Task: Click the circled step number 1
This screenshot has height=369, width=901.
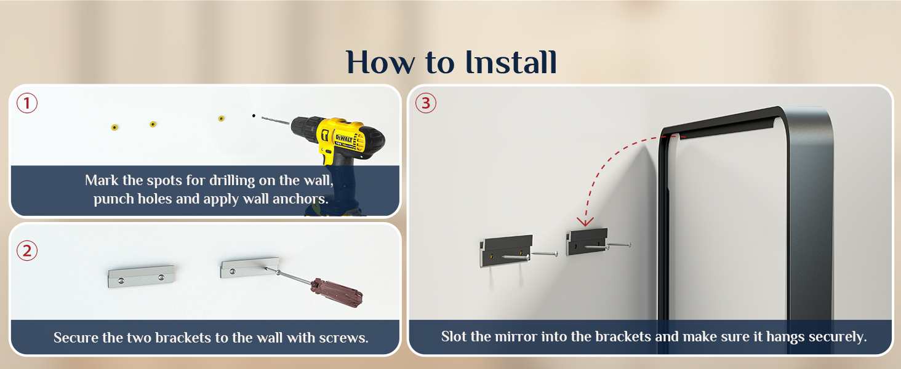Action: [x=27, y=103]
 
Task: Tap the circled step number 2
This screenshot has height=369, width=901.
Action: [x=27, y=251]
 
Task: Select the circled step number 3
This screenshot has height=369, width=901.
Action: [x=425, y=103]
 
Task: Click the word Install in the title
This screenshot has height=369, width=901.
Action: [x=511, y=62]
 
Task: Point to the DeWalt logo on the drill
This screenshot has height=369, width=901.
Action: [x=344, y=138]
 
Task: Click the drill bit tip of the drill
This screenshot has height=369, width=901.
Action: [x=262, y=118]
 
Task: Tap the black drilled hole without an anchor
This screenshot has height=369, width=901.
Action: [x=254, y=116]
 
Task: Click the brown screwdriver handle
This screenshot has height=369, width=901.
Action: [x=337, y=293]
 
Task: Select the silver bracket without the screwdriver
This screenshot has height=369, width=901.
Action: [x=141, y=276]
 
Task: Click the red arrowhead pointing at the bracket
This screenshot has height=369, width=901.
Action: [x=585, y=221]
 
